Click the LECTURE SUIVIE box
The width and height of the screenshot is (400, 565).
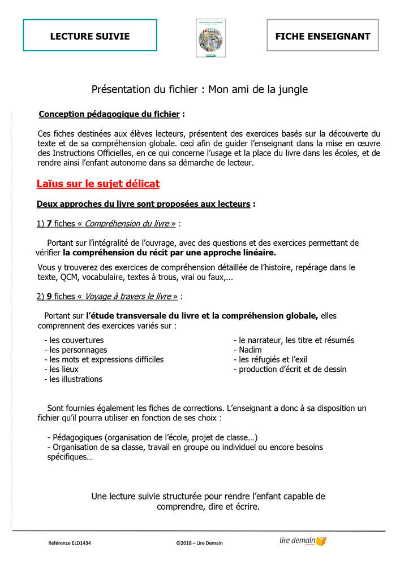[x=90, y=36]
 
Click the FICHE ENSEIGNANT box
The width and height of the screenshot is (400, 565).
[x=322, y=36]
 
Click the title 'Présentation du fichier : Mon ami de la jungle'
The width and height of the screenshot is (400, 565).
[x=200, y=89]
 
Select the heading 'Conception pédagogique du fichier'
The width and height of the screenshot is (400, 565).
[x=109, y=114]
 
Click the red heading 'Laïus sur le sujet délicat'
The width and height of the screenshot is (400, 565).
[x=98, y=184]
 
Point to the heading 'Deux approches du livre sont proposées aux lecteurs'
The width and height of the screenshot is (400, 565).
[x=143, y=204]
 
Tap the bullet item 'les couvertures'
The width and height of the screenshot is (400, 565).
[x=76, y=340]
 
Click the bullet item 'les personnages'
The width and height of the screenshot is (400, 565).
[x=78, y=350]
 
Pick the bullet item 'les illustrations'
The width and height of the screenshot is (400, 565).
[x=76, y=379]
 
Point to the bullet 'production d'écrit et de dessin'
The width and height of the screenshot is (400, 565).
[x=293, y=369]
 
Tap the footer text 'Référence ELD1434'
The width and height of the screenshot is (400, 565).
[x=70, y=543]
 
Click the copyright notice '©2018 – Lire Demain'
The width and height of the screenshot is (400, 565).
[x=200, y=543]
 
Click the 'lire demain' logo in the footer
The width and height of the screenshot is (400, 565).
[x=303, y=541]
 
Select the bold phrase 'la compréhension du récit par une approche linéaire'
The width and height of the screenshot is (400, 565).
[x=169, y=253]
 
